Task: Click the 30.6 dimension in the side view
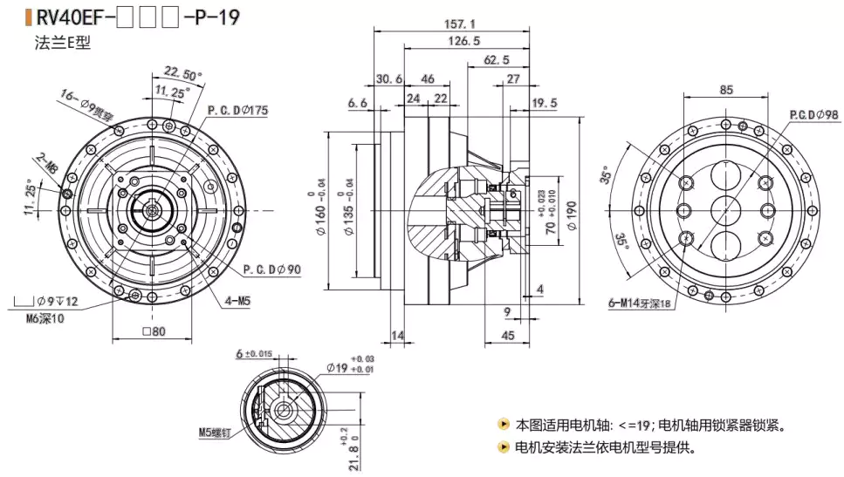coord(389,78)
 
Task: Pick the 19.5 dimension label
coord(545,103)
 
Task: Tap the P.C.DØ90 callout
coord(272,269)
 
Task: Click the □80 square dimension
coord(152,331)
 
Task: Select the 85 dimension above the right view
coord(726,89)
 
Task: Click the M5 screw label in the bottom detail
coord(216,432)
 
